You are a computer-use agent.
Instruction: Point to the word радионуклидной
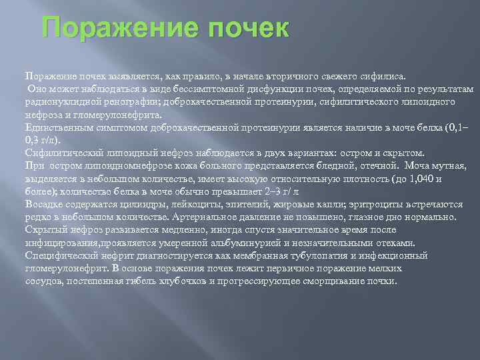tap(57, 101)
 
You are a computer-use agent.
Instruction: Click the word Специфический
tap(58, 255)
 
